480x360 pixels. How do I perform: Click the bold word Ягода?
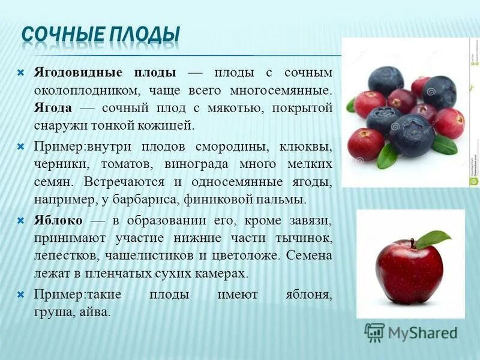53,108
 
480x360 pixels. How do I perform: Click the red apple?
410,269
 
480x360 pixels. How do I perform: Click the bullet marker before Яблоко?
21,220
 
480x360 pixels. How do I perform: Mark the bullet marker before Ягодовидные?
21,73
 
